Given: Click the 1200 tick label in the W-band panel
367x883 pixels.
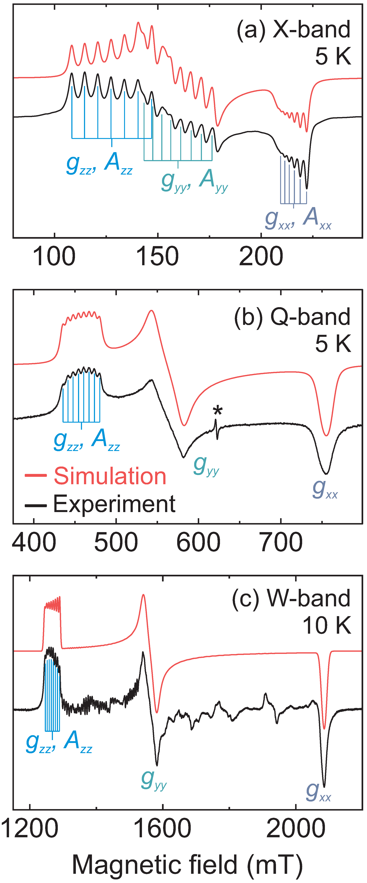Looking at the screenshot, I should click(x=30, y=828).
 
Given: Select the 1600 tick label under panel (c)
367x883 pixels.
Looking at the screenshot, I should click(x=162, y=828).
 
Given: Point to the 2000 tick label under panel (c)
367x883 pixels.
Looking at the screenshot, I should click(x=295, y=828).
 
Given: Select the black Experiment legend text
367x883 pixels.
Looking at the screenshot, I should click(x=114, y=504).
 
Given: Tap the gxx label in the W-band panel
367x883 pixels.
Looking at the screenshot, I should click(x=318, y=791).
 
